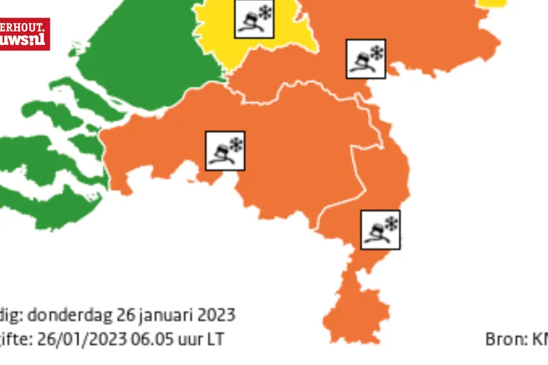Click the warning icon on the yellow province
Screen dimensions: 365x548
tap(254, 18)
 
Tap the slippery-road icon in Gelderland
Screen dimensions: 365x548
tap(366, 59)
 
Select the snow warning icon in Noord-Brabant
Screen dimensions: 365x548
tap(225, 151)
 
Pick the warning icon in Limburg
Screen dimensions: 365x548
tap(381, 229)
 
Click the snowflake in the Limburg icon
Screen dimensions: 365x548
tap(391, 223)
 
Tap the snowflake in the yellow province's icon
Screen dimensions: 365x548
tap(265, 11)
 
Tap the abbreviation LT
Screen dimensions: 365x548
tap(214, 340)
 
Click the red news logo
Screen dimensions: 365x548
tap(24, 34)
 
